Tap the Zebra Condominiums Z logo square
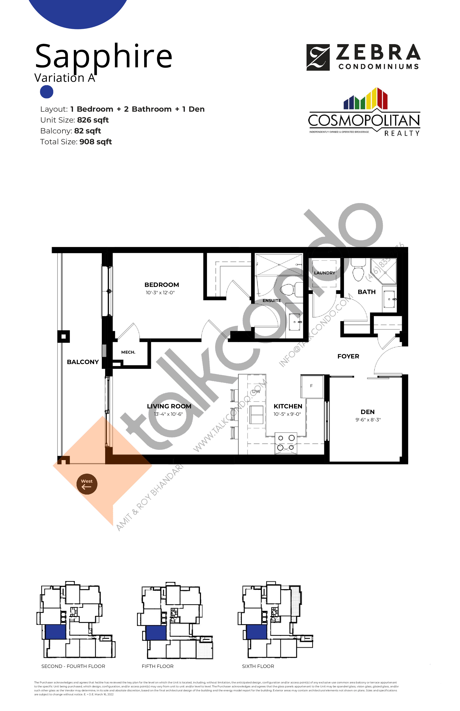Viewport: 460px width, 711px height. pyautogui.click(x=318, y=57)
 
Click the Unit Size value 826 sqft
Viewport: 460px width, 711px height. pyautogui.click(x=93, y=120)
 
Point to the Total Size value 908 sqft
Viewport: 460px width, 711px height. pyautogui.click(x=96, y=142)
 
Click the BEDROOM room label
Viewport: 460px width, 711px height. pyautogui.click(x=162, y=285)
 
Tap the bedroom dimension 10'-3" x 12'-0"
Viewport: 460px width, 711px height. pyautogui.click(x=160, y=293)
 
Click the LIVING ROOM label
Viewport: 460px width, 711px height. pyautogui.click(x=169, y=406)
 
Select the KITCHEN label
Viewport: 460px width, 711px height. pyautogui.click(x=288, y=406)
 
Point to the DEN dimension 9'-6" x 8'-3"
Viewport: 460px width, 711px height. pyautogui.click(x=368, y=420)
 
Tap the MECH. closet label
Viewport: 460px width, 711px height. pyautogui.click(x=128, y=352)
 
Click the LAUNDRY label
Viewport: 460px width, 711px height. pyautogui.click(x=324, y=273)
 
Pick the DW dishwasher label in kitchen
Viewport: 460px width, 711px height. pyautogui.click(x=256, y=391)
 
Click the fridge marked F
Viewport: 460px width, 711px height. pyautogui.click(x=312, y=386)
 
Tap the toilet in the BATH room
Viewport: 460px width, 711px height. pyautogui.click(x=358, y=270)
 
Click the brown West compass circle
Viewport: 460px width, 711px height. pyautogui.click(x=87, y=484)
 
